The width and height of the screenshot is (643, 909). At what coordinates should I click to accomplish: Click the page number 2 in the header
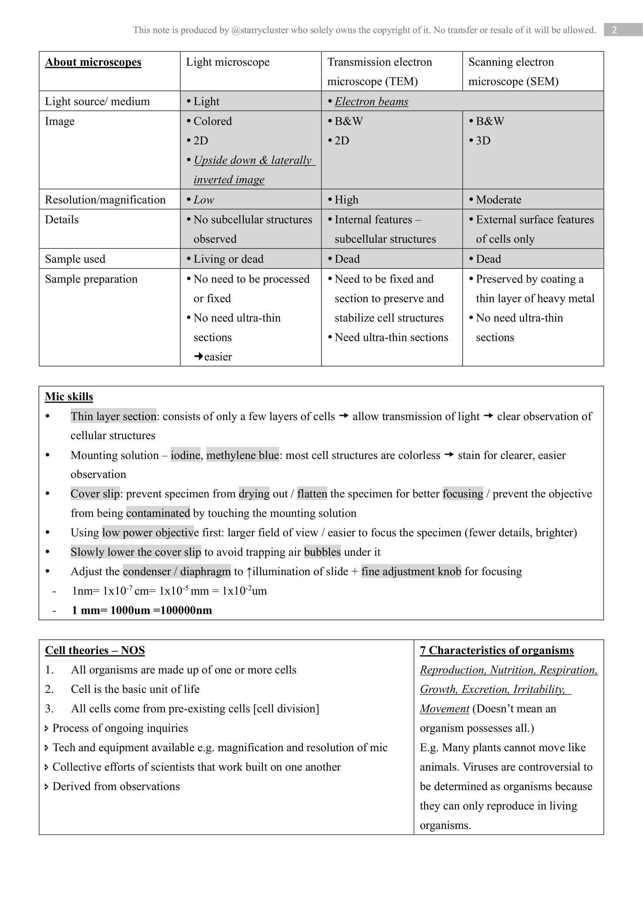tap(614, 30)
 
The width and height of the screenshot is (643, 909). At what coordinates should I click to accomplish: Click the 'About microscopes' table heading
tap(93, 62)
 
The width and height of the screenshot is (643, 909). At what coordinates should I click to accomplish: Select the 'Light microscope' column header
tap(228, 62)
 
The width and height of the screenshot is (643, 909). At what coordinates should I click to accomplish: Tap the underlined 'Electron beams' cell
tap(371, 101)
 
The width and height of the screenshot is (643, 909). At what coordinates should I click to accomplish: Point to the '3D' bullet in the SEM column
tap(483, 141)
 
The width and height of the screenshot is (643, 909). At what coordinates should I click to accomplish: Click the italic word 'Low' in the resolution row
tap(203, 199)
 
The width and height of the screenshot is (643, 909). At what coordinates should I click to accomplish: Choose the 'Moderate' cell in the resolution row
tap(498, 199)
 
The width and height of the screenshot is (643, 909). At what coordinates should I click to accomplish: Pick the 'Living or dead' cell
tap(228, 259)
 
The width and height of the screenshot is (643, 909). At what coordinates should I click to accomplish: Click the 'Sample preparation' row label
tap(91, 279)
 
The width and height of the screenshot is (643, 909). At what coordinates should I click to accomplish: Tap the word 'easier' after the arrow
tap(218, 357)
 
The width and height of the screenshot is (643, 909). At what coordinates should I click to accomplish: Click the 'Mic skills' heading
tap(69, 397)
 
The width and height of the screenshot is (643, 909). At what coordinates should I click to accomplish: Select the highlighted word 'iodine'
tap(185, 455)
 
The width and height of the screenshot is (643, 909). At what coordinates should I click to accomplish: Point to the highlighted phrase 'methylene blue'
tap(242, 455)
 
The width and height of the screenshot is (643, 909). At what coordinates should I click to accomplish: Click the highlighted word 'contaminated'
tap(158, 513)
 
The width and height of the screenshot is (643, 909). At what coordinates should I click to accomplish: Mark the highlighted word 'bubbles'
tap(322, 552)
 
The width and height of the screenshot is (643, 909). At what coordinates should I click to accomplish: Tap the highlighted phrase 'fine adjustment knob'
tap(411, 571)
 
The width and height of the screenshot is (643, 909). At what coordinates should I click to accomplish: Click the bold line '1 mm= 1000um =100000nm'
tap(142, 610)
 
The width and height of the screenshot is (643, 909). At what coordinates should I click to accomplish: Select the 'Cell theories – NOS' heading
tap(94, 650)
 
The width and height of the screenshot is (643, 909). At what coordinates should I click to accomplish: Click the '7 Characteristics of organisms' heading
tap(496, 650)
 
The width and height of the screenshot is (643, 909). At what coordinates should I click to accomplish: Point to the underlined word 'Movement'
tap(444, 709)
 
